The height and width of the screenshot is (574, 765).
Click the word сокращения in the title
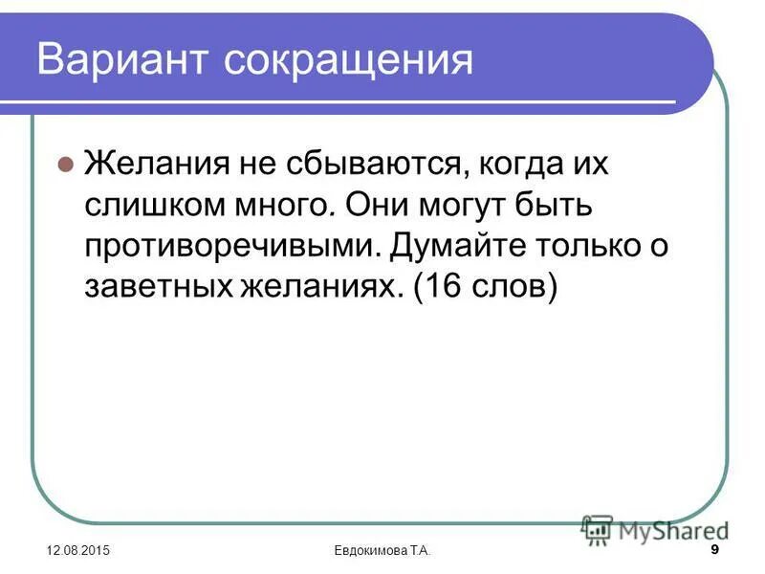pyautogui.click(x=349, y=61)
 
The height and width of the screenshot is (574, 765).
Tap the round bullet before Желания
pyautogui.click(x=65, y=164)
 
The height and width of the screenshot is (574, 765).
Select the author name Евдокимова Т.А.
pyautogui.click(x=382, y=552)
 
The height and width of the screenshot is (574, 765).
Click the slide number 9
pyautogui.click(x=716, y=549)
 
